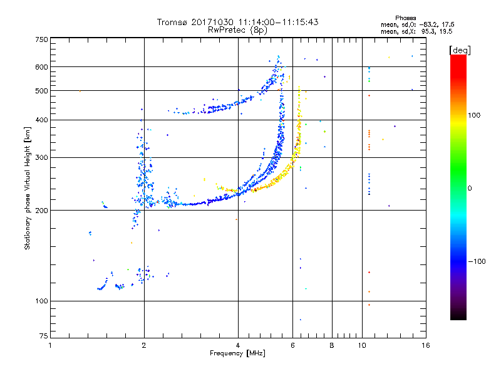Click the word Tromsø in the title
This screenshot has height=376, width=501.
[173, 22]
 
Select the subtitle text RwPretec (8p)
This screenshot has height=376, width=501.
[237, 30]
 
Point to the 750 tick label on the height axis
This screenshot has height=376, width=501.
[41, 39]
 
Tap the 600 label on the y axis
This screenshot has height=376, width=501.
[41, 67]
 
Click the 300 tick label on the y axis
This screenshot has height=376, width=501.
[41, 158]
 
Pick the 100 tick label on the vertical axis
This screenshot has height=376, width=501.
[41, 301]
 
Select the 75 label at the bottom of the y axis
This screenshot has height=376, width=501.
[44, 336]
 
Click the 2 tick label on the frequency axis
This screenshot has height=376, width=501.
[144, 345]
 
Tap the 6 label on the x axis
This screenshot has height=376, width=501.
[292, 345]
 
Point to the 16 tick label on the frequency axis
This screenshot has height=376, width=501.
[426, 345]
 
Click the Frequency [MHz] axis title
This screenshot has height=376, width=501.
[237, 353]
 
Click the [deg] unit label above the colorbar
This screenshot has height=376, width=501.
[460, 50]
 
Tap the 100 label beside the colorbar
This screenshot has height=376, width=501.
[474, 115]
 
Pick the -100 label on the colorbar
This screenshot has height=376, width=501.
[477, 261]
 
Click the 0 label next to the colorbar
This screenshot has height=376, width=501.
[470, 189]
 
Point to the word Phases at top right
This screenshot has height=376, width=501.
[406, 18]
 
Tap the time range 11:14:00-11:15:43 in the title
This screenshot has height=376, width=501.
[278, 22]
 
